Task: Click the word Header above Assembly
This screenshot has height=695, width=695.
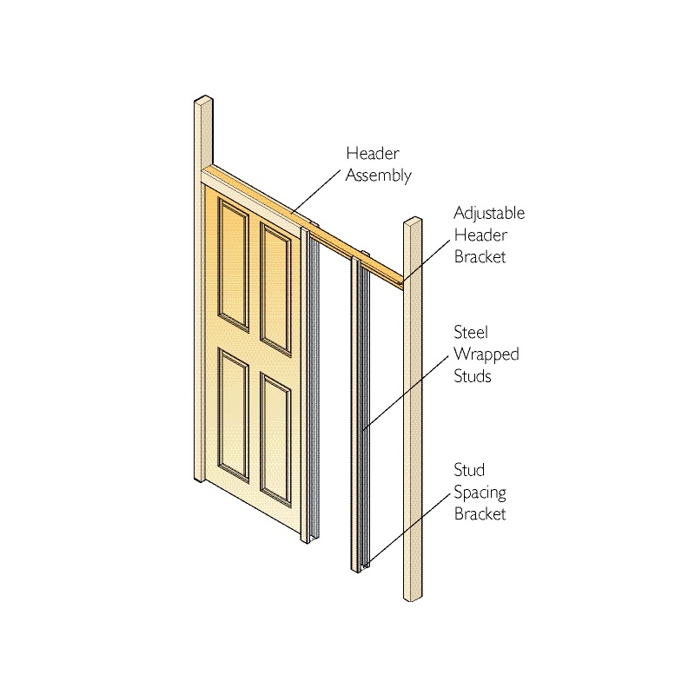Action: (x=373, y=154)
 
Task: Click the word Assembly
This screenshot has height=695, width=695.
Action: (x=379, y=175)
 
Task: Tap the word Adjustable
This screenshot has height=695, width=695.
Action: (x=489, y=214)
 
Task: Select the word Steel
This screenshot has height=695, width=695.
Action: (x=471, y=332)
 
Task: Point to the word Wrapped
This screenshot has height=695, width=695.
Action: (x=486, y=354)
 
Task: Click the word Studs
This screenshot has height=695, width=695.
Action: (x=473, y=376)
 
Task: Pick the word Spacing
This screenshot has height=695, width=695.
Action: (x=480, y=493)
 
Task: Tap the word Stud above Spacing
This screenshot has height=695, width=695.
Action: (x=469, y=470)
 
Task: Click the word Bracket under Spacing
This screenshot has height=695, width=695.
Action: (x=480, y=514)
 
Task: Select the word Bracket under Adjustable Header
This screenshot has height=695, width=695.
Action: (x=480, y=257)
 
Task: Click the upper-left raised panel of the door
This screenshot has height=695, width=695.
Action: (x=233, y=264)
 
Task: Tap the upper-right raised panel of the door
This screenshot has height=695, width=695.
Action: (x=275, y=289)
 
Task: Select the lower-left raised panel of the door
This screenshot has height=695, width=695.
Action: (x=233, y=414)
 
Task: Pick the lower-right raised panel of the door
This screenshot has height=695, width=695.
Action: (x=275, y=440)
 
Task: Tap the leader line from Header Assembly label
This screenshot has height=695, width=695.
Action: (x=316, y=191)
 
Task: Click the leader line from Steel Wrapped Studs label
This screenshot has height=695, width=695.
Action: (x=406, y=393)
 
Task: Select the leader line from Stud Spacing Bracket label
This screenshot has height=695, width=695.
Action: (x=407, y=530)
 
